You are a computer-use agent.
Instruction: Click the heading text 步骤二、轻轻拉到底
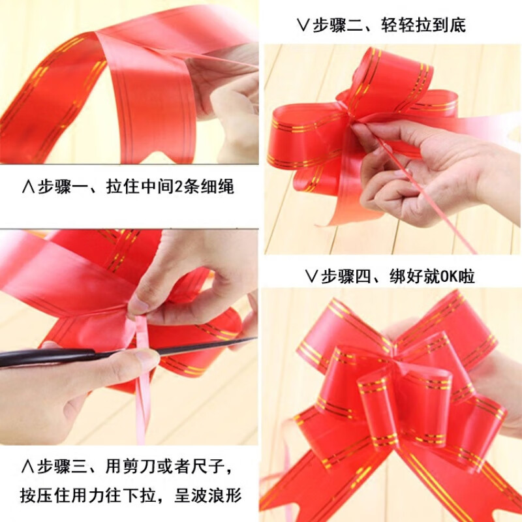click(389, 25)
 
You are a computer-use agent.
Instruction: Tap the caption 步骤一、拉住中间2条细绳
click(136, 187)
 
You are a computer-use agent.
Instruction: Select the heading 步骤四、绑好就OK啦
click(398, 276)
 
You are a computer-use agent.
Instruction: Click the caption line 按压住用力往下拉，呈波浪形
click(130, 495)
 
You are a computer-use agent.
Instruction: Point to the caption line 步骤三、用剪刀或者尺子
click(134, 467)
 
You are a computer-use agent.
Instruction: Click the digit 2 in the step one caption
click(178, 187)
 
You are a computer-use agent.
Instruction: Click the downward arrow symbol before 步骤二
click(303, 25)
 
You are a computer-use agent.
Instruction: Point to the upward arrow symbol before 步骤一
click(28, 187)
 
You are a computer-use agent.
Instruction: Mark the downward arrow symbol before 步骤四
click(311, 276)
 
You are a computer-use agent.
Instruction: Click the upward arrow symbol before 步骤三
click(27, 467)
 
